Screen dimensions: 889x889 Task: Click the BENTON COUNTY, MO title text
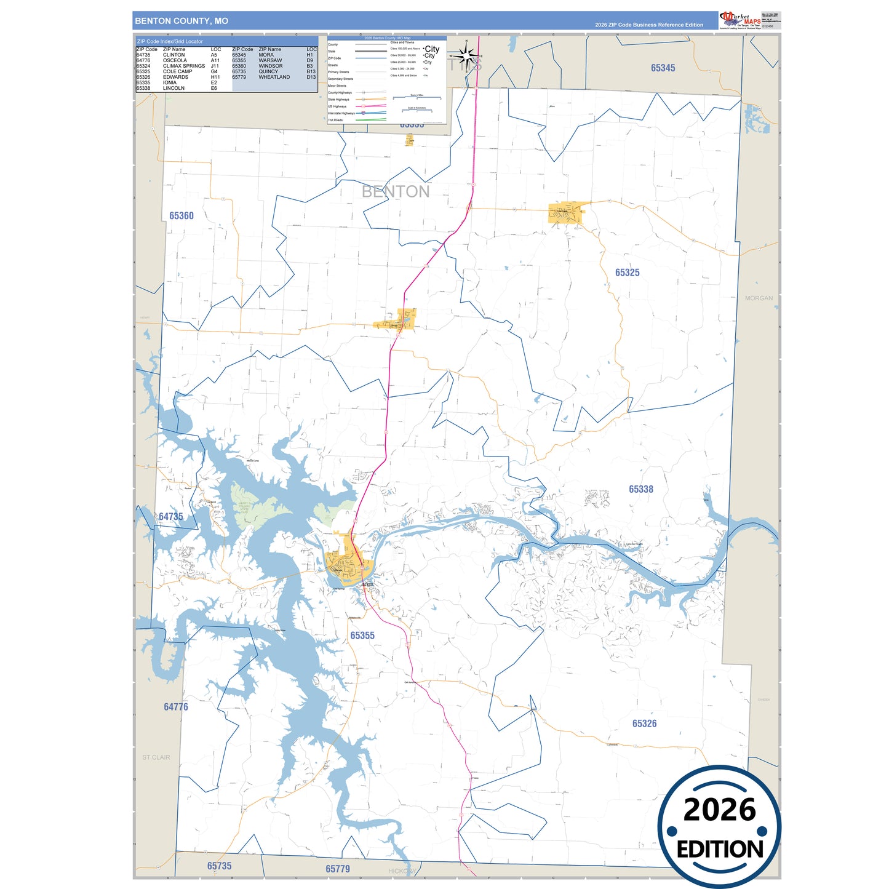[x=181, y=21]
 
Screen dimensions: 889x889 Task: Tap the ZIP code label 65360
[x=181, y=216]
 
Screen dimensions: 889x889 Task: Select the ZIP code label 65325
[x=628, y=273]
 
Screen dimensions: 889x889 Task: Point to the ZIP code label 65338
[x=641, y=489]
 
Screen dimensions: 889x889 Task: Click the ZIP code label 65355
[x=362, y=636]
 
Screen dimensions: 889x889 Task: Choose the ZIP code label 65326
[x=644, y=724]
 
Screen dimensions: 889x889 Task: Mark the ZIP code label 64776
[x=176, y=707]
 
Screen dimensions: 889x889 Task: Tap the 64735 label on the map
[x=171, y=517]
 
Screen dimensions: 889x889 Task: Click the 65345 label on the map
[x=663, y=68]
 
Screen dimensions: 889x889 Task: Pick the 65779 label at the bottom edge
[x=338, y=869]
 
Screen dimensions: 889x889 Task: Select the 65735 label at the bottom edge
[x=220, y=866]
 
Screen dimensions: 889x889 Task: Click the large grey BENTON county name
[x=396, y=192]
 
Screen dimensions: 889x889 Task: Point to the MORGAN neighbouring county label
[x=759, y=298]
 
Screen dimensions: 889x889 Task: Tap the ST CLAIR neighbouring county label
[x=156, y=757]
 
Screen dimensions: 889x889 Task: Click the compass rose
[x=467, y=58]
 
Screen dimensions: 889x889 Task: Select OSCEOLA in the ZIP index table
[x=175, y=60]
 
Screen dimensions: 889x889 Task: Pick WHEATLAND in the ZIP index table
[x=274, y=77]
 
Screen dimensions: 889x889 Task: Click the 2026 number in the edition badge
[x=719, y=810]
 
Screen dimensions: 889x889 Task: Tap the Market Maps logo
[x=740, y=20]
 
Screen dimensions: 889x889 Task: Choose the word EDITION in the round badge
[x=720, y=850]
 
